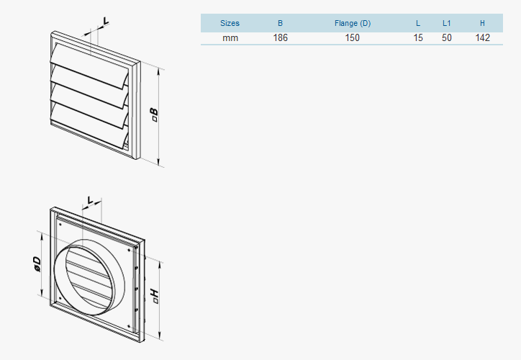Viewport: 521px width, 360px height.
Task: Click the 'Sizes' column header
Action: pos(230,24)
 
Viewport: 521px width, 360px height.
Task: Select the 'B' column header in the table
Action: pos(280,24)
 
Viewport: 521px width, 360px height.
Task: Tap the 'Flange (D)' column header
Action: pos(352,24)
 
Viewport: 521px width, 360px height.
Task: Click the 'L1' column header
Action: pos(446,24)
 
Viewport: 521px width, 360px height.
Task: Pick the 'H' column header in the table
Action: pos(482,24)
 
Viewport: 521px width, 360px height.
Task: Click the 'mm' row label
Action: pos(230,37)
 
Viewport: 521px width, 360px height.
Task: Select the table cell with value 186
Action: pos(280,37)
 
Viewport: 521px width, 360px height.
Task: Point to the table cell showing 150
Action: pos(352,37)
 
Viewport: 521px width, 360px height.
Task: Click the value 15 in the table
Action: pos(418,37)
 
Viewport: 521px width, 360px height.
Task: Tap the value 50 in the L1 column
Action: pos(446,37)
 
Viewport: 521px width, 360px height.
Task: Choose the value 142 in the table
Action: pos(482,37)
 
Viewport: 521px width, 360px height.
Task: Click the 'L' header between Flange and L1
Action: pos(418,24)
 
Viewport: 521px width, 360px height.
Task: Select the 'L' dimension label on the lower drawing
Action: pos(91,199)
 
